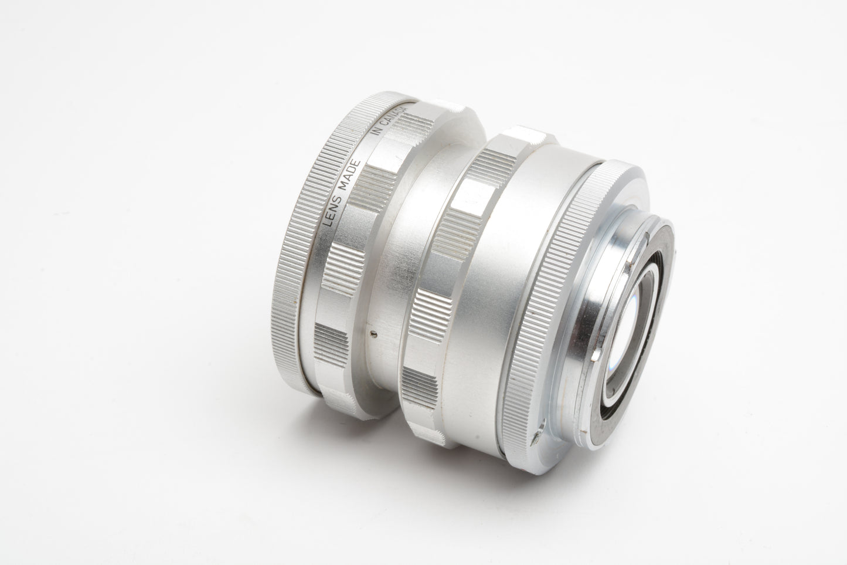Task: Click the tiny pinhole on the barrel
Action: click(x=374, y=333)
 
